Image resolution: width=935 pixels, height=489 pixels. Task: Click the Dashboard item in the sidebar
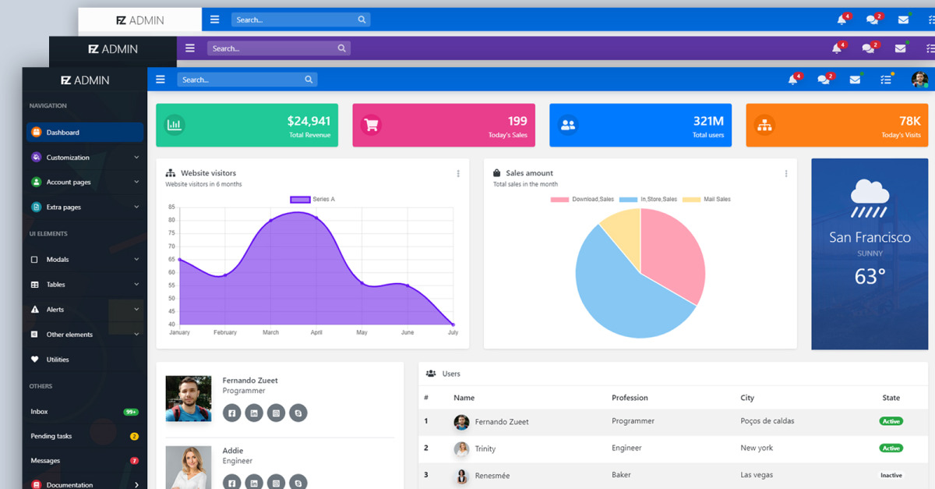click(85, 132)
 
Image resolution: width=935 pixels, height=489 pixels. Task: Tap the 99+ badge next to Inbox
click(131, 412)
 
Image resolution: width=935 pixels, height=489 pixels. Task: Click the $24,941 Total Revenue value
click(309, 121)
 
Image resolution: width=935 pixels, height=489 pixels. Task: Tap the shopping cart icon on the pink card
click(371, 125)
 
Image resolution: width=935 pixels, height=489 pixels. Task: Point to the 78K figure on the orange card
click(910, 121)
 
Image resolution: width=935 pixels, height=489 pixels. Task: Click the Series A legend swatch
click(300, 200)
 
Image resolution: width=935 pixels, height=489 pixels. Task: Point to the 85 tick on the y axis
click(171, 207)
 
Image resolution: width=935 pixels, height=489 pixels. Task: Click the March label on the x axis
click(270, 332)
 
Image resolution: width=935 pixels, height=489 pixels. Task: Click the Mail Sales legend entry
click(707, 200)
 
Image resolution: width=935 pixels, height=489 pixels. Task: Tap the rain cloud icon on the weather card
click(870, 199)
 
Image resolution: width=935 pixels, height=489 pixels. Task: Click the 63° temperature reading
click(870, 276)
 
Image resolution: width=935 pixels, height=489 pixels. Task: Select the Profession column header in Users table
click(630, 398)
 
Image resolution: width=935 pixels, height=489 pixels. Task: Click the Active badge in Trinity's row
click(891, 448)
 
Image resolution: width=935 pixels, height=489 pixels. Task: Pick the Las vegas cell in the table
click(757, 475)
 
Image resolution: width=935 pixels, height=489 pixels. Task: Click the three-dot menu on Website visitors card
click(458, 173)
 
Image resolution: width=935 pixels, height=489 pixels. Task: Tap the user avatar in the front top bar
click(919, 80)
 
